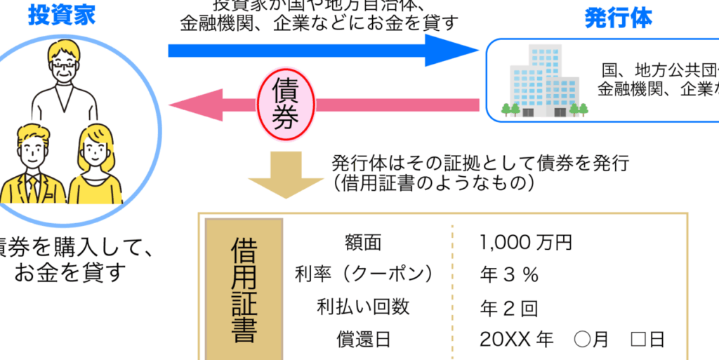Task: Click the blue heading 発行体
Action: [618, 18]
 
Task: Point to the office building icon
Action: [544, 80]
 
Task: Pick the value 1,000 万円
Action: [526, 243]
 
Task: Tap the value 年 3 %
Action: [509, 274]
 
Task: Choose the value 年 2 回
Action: [509, 307]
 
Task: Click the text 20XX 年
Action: [516, 340]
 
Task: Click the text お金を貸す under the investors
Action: [70, 272]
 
